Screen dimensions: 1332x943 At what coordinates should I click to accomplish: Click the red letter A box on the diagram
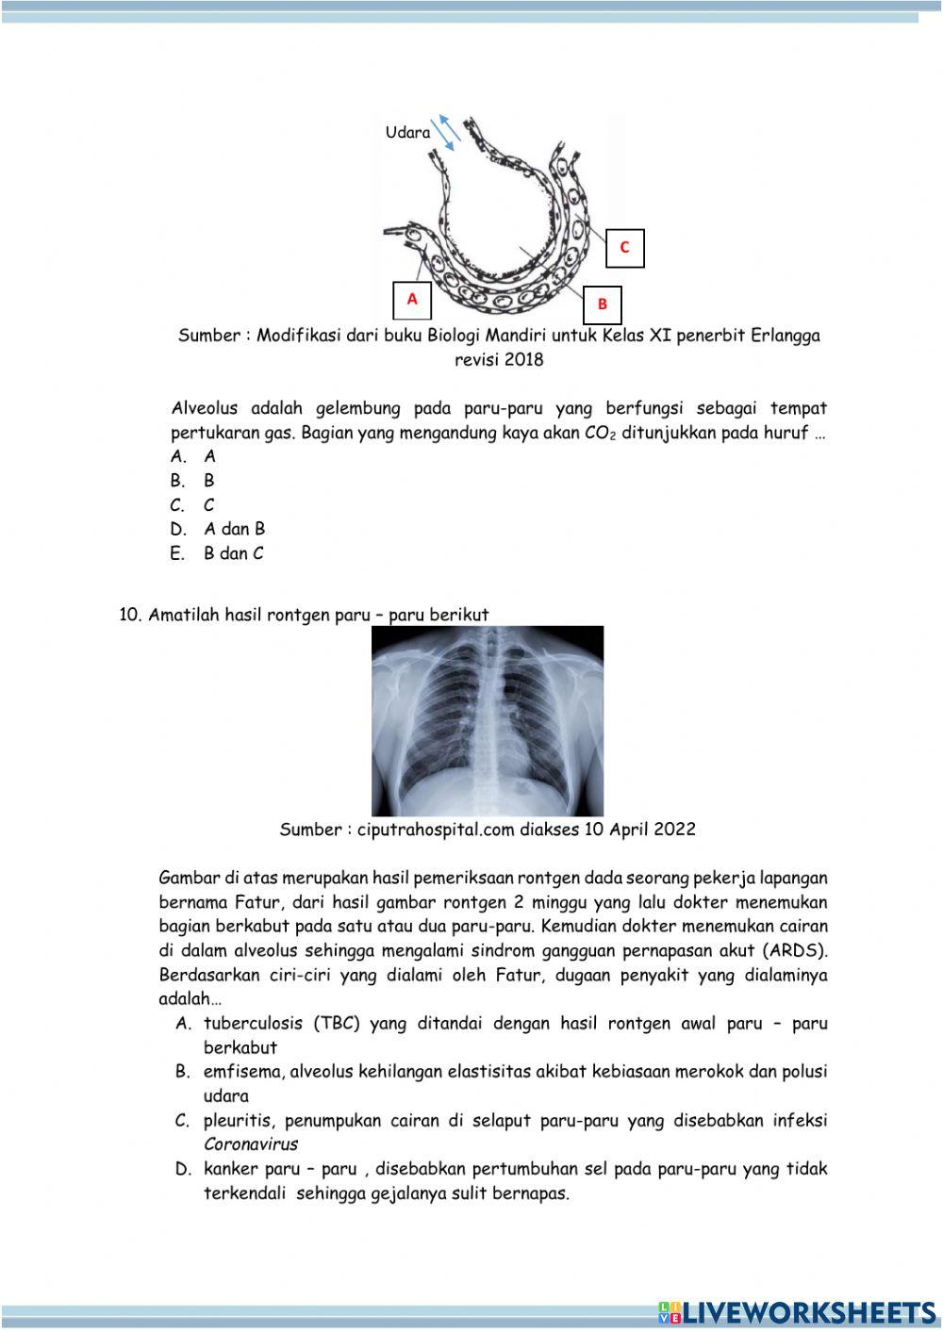[x=412, y=299]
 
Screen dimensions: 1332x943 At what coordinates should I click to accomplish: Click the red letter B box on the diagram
[x=603, y=304]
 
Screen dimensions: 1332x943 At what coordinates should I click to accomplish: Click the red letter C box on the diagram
[x=624, y=248]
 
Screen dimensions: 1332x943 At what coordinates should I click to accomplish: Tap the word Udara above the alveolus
[x=407, y=133]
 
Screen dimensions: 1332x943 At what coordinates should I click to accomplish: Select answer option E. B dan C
[x=218, y=553]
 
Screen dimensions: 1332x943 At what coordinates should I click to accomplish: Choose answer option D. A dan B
[x=218, y=529]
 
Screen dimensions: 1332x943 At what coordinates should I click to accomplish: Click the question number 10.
[x=130, y=615]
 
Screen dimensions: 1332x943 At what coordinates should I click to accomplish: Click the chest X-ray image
[x=488, y=720]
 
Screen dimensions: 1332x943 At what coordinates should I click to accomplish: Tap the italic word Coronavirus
[x=250, y=1144]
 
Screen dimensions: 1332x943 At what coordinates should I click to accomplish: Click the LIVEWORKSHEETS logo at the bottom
[x=798, y=1312]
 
